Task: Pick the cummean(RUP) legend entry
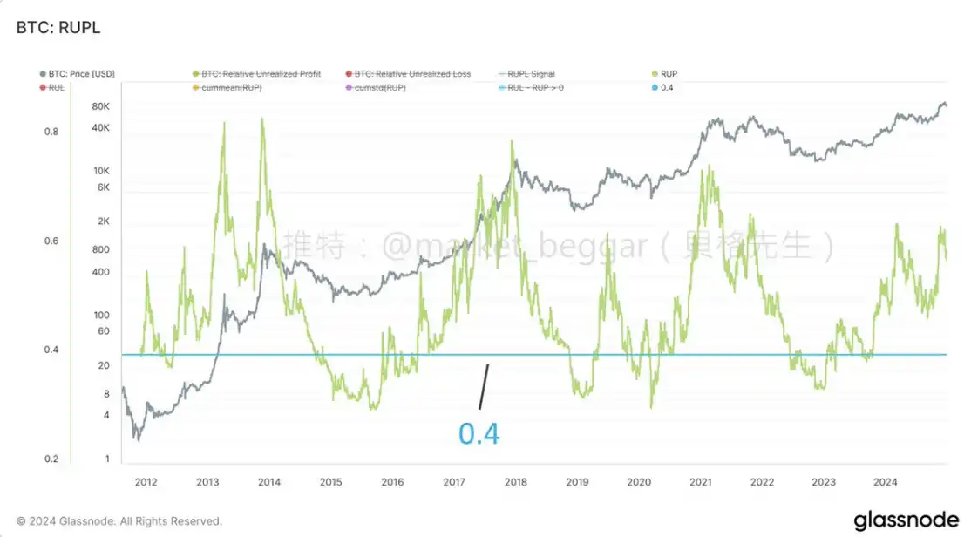232,88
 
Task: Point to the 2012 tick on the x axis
146,481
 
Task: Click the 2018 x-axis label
514,481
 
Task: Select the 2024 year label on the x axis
885,481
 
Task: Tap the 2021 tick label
700,481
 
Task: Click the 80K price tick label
100,106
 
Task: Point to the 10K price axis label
100,170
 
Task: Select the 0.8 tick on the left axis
52,132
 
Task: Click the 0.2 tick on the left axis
52,459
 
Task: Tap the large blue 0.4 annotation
479,433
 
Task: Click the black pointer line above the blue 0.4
484,386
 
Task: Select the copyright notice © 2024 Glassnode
119,521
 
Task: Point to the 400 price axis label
100,272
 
